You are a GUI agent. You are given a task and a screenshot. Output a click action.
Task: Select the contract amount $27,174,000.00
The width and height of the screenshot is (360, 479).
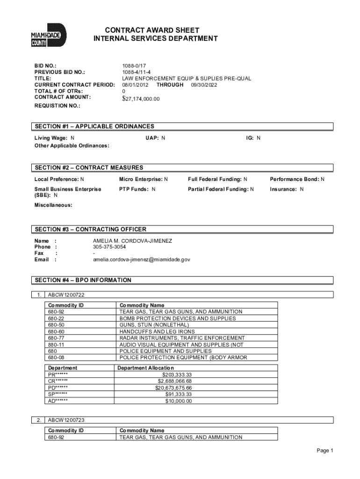141,99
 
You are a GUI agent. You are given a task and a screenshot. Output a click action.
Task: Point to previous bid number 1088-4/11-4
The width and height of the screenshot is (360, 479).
137,72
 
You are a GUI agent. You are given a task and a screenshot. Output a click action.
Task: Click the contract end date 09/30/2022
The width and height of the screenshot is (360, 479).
204,85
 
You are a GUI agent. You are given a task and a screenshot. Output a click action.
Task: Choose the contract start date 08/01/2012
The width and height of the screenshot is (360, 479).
136,85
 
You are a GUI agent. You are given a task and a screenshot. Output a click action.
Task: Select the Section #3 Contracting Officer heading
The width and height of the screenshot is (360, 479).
90,229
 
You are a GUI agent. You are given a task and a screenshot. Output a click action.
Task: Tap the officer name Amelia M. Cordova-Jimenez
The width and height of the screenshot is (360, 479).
132,240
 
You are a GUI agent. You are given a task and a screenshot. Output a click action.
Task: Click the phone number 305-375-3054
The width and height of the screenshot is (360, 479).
109,247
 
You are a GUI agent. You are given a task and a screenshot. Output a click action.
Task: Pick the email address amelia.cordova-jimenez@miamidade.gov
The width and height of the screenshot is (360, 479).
141,259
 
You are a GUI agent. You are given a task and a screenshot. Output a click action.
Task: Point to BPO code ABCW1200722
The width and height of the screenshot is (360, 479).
66,295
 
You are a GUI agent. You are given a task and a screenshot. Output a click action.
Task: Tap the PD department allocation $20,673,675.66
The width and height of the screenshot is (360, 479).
173,388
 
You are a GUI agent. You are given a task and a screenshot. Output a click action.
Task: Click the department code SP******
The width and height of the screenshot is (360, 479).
58,394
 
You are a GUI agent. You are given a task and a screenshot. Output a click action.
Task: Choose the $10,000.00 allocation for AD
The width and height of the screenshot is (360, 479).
178,401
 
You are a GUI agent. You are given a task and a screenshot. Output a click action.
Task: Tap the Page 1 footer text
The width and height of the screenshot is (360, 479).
324,450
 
